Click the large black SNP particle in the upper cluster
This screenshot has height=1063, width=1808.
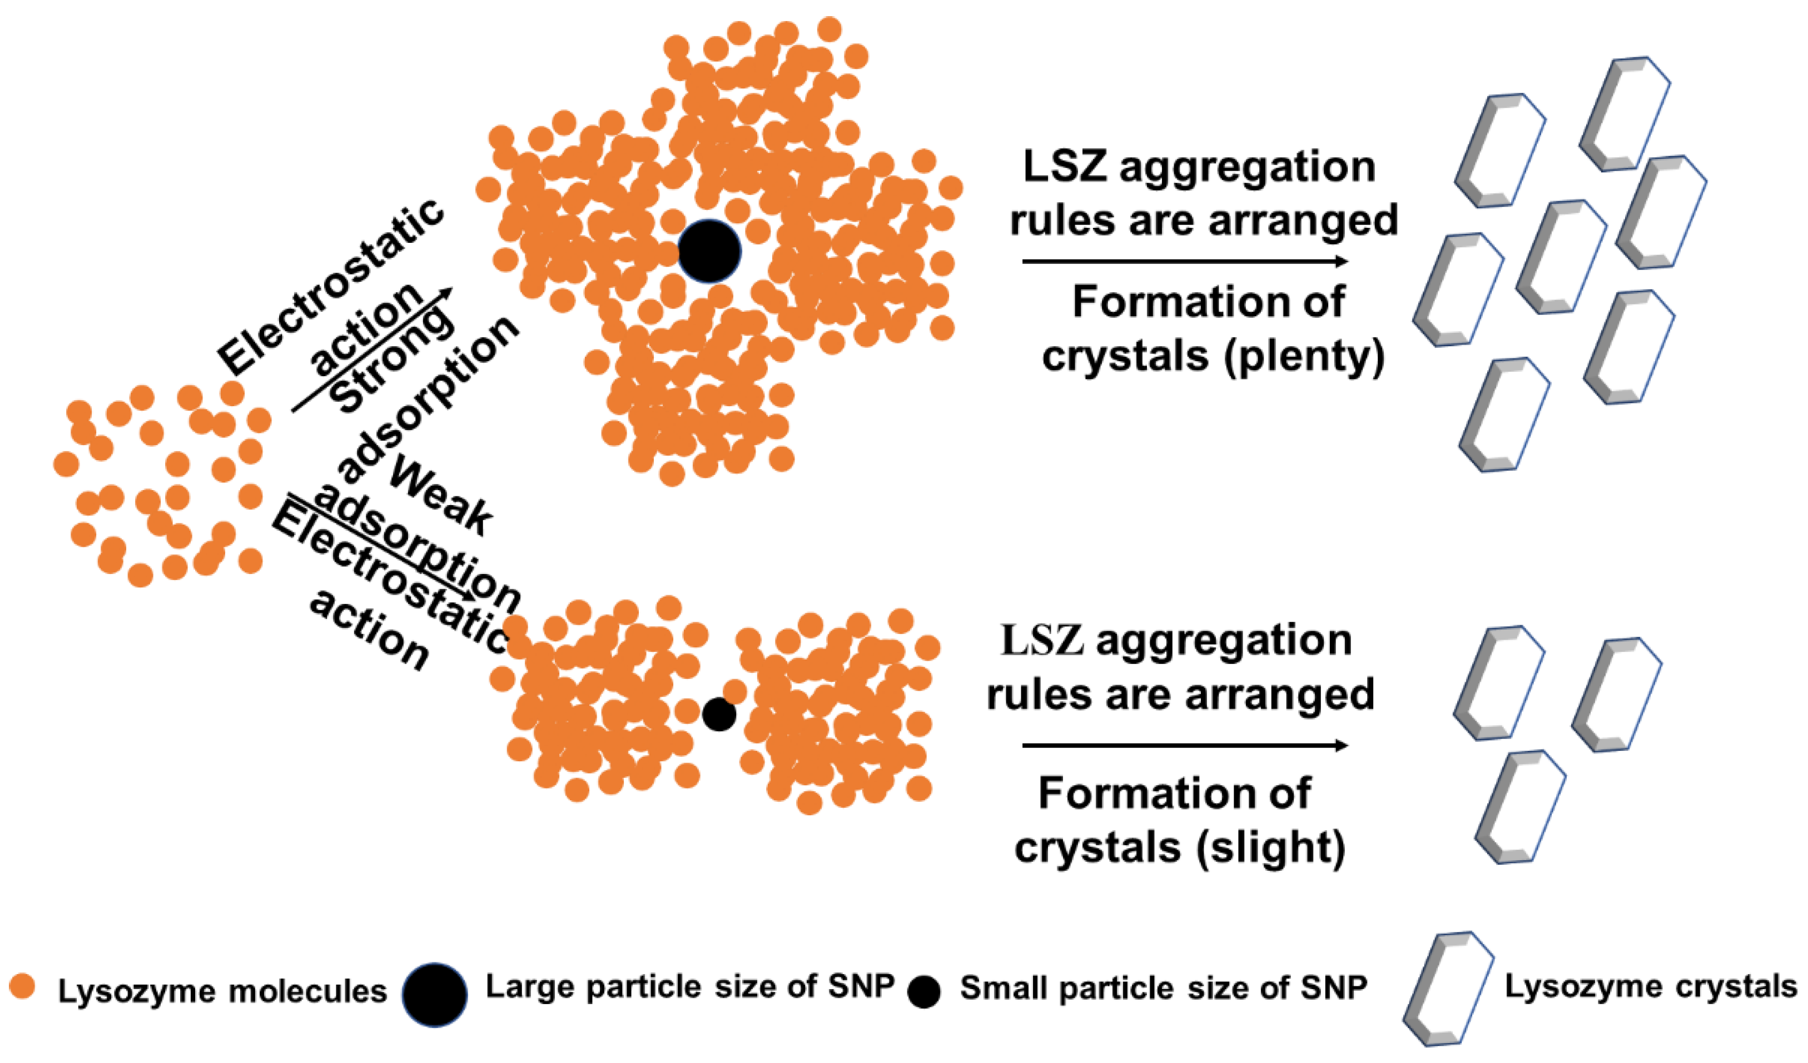pos(709,251)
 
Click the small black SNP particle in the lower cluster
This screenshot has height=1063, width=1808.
pos(719,715)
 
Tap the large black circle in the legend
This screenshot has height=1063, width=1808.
pos(435,994)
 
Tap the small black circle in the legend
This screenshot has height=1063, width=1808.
pos(924,992)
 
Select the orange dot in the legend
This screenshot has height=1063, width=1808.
pos(22,986)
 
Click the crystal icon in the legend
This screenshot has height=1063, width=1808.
pos(1448,989)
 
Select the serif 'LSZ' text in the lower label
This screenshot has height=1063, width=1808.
pos(1042,641)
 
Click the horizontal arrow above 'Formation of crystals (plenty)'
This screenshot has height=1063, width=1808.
pos(1184,262)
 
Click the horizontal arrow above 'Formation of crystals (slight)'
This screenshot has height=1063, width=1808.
pos(1184,746)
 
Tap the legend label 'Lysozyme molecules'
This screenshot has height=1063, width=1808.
pos(222,991)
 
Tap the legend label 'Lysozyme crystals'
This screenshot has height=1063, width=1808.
pos(1650,987)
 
